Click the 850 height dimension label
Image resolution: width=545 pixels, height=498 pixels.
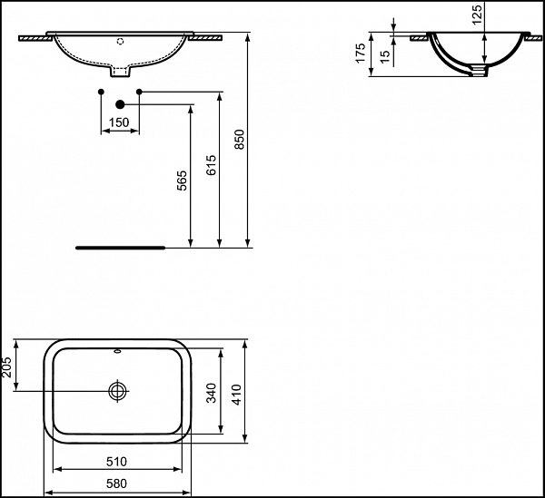point(240,138)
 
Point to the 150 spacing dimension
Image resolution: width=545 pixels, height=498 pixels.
point(119,122)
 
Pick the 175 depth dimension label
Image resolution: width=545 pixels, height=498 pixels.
point(361,54)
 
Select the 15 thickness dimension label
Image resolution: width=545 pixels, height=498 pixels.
point(385,56)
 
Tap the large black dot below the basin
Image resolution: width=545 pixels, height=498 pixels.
point(119,104)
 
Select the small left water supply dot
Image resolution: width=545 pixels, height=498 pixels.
point(101,92)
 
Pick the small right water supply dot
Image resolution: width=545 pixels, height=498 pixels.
point(138,92)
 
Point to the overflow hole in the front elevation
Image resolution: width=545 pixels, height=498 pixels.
point(119,42)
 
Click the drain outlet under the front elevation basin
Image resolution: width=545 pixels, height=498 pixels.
point(119,71)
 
